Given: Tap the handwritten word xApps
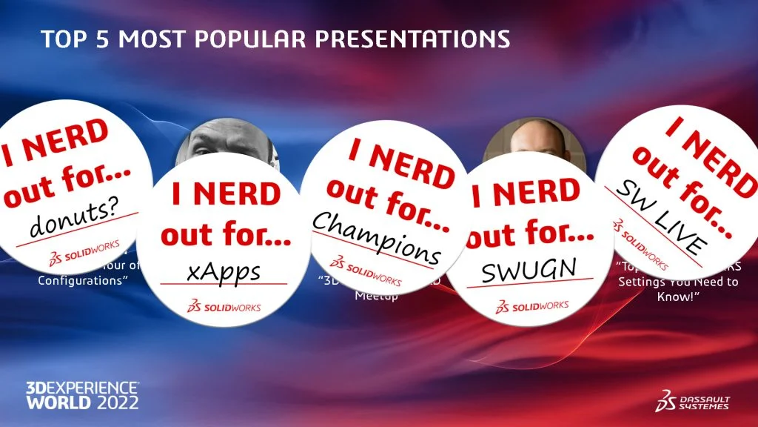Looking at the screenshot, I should coord(224,271).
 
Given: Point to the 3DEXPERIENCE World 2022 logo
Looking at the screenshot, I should coord(82,396).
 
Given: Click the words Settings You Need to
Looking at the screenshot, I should coord(677,282).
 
